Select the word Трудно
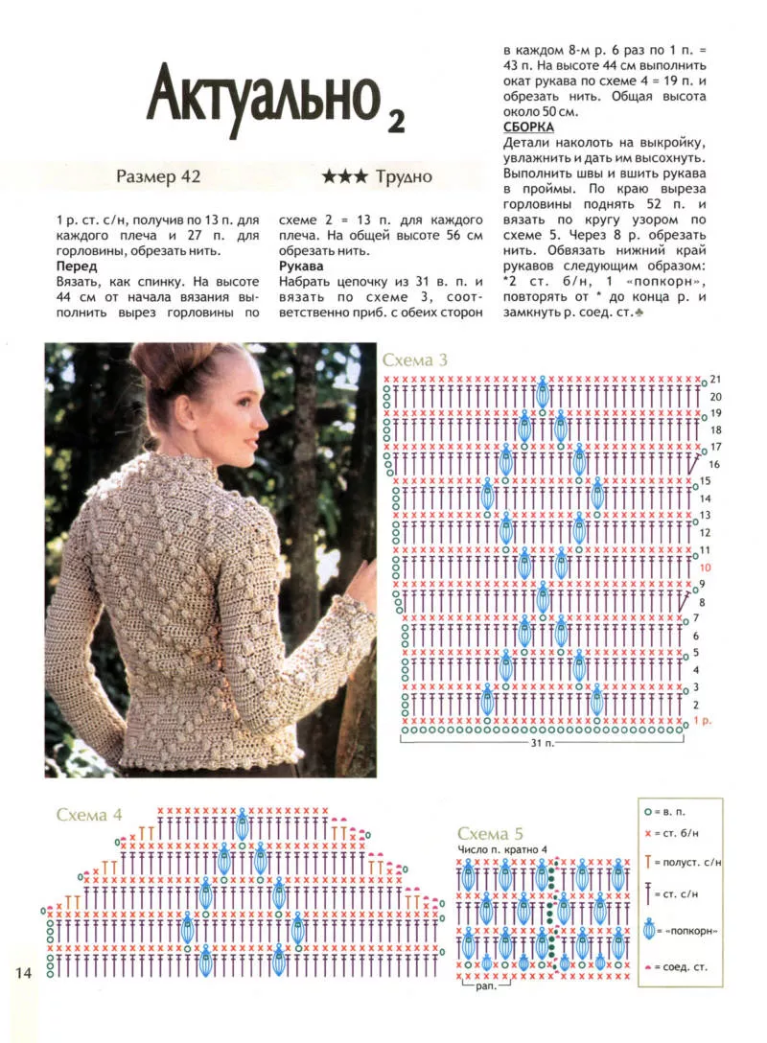pos(404,176)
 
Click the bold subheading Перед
pos(77,266)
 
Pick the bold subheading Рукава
pos(301,266)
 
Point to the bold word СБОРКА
pos(528,127)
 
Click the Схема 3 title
pos(415,360)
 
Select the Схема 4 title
pos(89,815)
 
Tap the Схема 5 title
pos(490,833)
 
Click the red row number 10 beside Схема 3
pos(704,568)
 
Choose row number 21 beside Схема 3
pos(715,380)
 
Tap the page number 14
pos(23,973)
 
